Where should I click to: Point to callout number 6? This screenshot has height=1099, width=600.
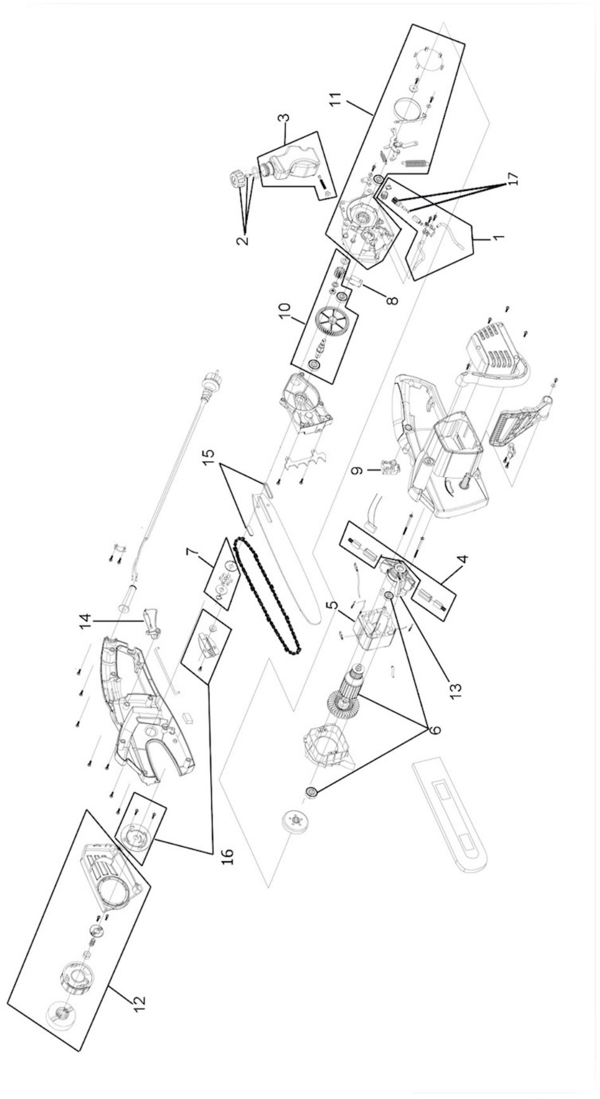434,730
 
